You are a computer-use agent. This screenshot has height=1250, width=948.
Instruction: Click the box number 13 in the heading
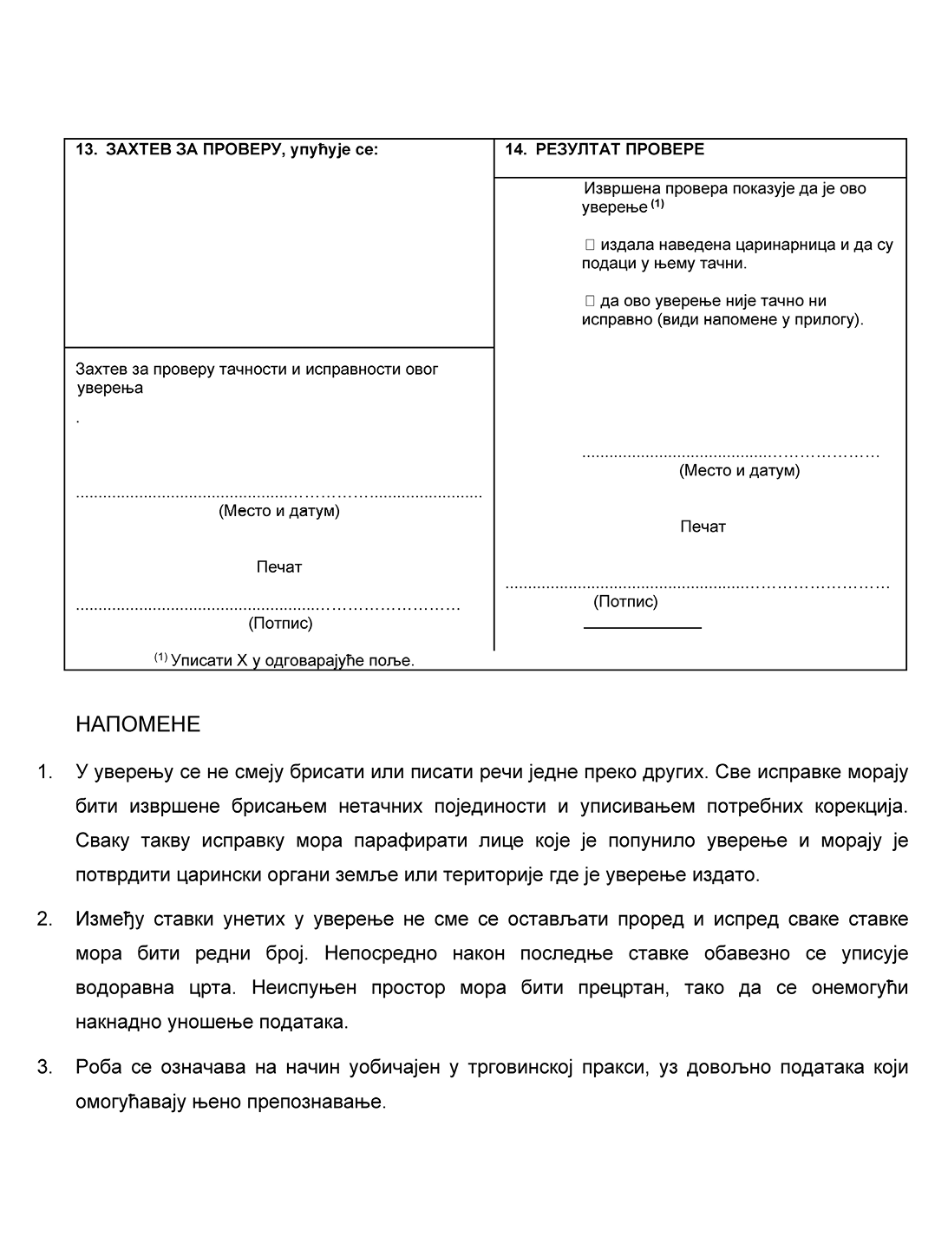pos(85,149)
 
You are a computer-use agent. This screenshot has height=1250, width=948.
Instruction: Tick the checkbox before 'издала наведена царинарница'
pos(590,245)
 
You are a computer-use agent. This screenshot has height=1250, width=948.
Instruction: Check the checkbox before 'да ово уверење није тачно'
pos(590,301)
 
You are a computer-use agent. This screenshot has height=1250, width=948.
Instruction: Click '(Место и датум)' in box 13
pos(278,511)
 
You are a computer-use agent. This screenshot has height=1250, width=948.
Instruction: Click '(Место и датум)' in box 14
pos(739,471)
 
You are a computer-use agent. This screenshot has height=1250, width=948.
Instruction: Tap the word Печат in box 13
pos(278,567)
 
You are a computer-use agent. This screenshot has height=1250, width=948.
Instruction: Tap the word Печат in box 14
pos(703,527)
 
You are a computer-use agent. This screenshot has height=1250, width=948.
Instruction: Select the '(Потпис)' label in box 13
pos(280,623)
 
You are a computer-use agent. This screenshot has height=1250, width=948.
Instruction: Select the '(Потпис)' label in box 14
pos(625,601)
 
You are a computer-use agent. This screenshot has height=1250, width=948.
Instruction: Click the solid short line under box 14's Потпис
pos(642,626)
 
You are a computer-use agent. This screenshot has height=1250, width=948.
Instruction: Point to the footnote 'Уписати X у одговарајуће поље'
pos(292,660)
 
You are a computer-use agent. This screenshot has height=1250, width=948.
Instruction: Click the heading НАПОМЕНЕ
pos(138,724)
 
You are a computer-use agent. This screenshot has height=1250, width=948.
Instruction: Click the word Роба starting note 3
pos(98,1067)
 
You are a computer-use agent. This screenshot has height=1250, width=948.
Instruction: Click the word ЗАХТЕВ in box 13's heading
pos(141,149)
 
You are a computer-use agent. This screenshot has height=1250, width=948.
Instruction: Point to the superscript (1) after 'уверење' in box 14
pos(657,205)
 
